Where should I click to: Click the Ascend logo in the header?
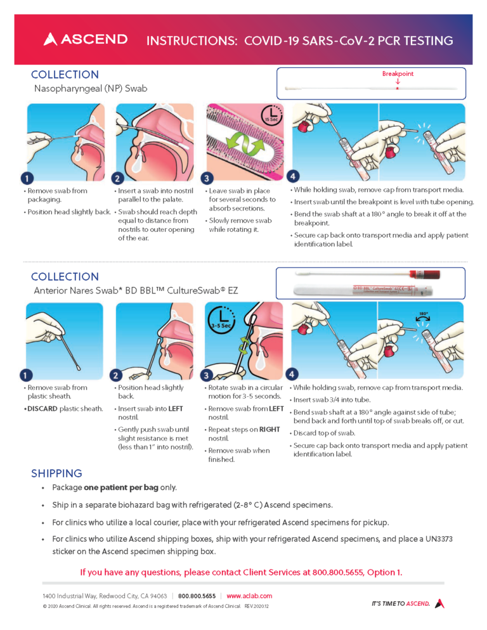(85, 39)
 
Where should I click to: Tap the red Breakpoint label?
(398, 74)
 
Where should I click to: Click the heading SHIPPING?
(56, 473)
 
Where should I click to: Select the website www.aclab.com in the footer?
(249, 596)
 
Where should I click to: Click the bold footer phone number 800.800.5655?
(197, 596)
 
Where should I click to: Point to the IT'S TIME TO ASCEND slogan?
(401, 603)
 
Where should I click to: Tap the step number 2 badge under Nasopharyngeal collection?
(117, 178)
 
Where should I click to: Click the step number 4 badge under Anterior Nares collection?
(292, 374)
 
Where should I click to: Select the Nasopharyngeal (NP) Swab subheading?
(90, 89)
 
